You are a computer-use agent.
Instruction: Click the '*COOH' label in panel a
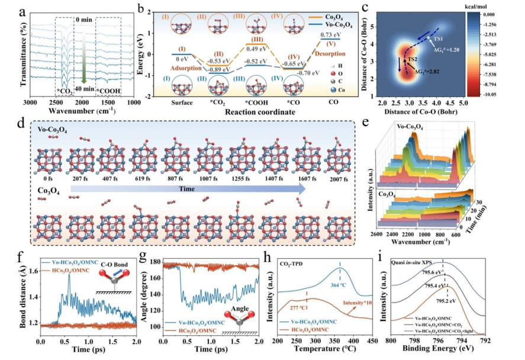tap(111, 91)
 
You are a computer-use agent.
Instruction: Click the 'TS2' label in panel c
tap(411, 60)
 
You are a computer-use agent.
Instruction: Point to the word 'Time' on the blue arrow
tap(188, 189)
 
